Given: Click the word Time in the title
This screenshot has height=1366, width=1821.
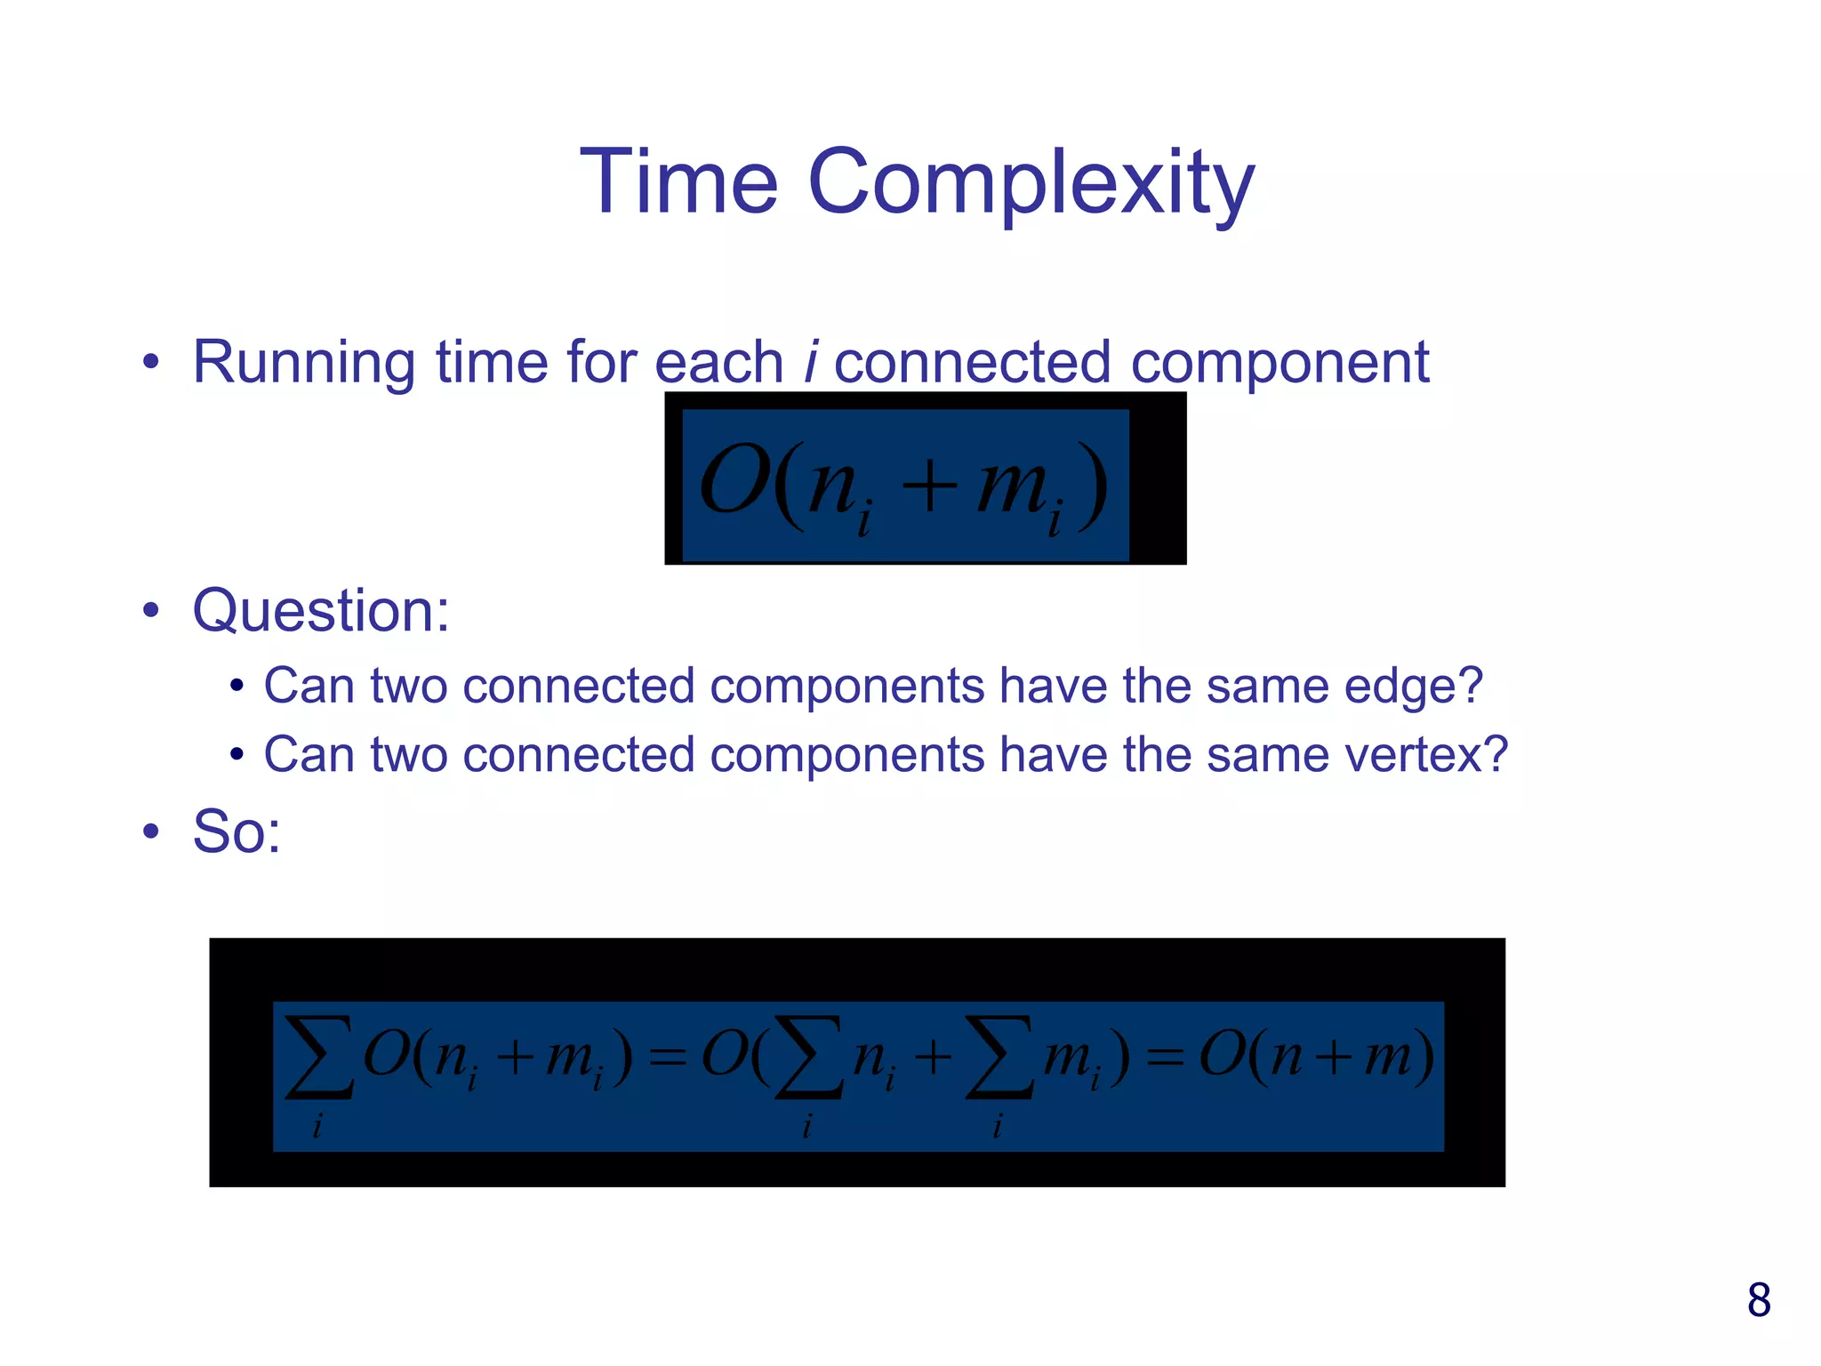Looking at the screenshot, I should (x=679, y=182).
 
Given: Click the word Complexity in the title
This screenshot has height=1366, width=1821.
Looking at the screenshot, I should (x=1031, y=184).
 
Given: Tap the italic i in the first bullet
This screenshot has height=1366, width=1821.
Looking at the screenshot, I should (x=810, y=363).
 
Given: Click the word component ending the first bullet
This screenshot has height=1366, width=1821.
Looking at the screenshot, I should (x=1280, y=365).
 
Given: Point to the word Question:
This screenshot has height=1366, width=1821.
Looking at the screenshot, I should (x=321, y=611).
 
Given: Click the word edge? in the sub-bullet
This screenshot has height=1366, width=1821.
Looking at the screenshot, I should (x=1413, y=687).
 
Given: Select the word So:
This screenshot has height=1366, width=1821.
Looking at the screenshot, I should (x=237, y=832).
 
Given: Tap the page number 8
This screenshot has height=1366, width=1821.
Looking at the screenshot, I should (x=1758, y=1300).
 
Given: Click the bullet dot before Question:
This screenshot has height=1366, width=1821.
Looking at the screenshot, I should (x=151, y=611).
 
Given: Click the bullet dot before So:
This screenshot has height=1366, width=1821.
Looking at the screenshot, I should (x=151, y=832).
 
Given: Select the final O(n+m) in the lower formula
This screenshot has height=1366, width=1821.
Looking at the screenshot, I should (x=1316, y=1057).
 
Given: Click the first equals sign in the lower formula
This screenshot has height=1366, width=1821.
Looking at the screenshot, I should (x=668, y=1058).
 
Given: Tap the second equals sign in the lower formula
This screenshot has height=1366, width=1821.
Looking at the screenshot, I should (x=1165, y=1058).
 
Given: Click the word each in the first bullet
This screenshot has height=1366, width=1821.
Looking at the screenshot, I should (x=718, y=363).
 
